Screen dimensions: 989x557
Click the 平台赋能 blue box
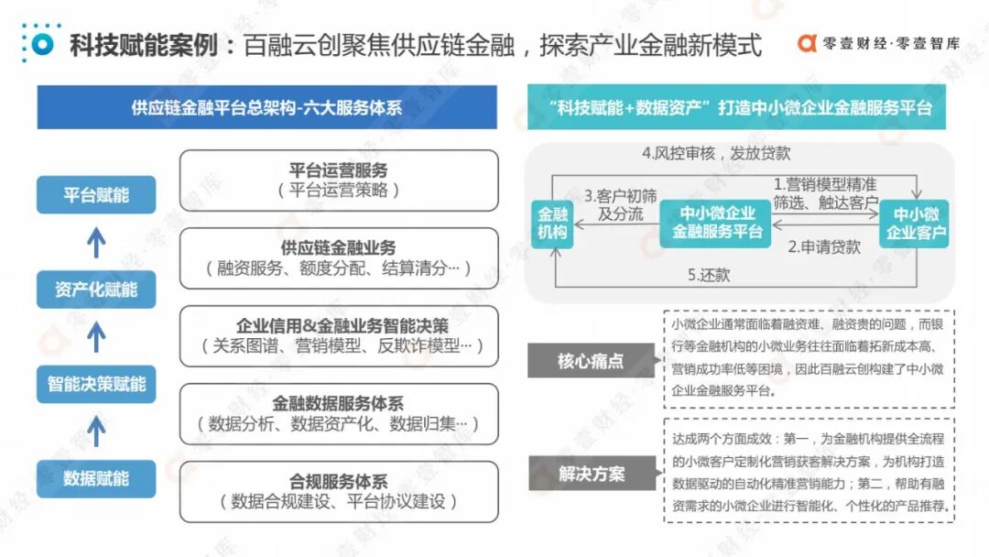point(96,195)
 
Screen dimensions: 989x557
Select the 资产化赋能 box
point(96,289)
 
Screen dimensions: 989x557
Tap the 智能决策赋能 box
point(96,384)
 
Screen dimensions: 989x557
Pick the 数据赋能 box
point(96,478)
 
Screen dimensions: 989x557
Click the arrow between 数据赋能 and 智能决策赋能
point(96,431)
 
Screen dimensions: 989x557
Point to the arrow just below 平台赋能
point(96,242)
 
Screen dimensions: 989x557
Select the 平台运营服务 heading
point(339,170)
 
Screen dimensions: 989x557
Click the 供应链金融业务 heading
point(339,248)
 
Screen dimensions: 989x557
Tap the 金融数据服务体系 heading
point(339,403)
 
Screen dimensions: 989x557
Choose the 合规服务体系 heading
point(339,481)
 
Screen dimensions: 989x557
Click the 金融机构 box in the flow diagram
point(552,223)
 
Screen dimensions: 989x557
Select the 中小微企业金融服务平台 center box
point(717,223)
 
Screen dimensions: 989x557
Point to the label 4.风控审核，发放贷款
point(715,153)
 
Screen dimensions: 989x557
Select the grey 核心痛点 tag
point(591,361)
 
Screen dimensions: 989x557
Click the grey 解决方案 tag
point(591,475)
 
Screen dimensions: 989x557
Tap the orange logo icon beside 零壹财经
point(807,43)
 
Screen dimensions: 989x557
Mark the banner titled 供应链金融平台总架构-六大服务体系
point(266,107)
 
